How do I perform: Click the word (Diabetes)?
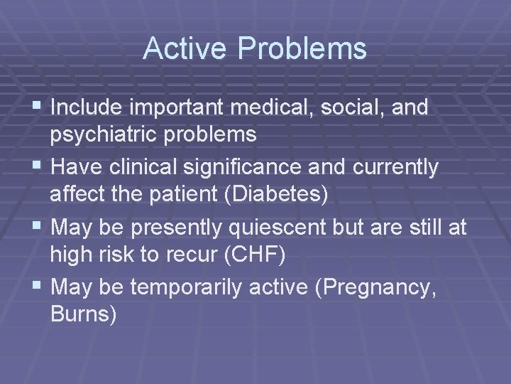275,193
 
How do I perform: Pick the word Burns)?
84,314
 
